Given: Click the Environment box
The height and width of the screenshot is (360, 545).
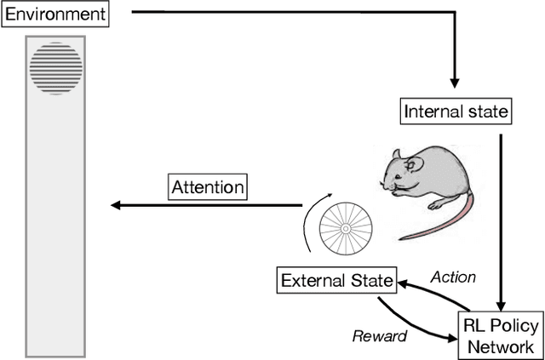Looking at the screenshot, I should [56, 14].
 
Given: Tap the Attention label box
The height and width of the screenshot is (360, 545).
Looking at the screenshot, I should [208, 187].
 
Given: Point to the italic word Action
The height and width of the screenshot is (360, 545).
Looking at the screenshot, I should [454, 277].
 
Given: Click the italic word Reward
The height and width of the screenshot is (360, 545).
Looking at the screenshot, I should [380, 335].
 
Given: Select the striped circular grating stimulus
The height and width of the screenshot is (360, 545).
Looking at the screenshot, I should [56, 67].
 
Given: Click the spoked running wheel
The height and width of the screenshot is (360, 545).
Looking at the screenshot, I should [347, 230].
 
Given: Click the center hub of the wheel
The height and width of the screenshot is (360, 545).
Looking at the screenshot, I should [347, 230].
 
